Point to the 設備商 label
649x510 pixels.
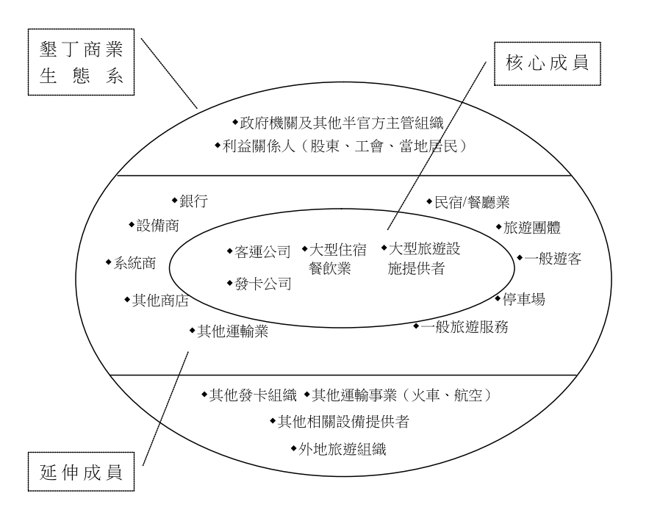[x=158, y=226]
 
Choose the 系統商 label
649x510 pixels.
[x=135, y=263]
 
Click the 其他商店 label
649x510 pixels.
[x=160, y=301]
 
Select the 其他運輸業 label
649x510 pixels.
[x=232, y=331]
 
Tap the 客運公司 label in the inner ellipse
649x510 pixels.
[x=263, y=251]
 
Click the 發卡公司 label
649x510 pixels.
[x=263, y=284]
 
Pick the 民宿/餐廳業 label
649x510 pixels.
[x=472, y=202]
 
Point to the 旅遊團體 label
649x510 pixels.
[x=532, y=228]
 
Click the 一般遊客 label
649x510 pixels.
[x=553, y=259]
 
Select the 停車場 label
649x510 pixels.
[x=524, y=299]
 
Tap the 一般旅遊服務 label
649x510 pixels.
[x=465, y=327]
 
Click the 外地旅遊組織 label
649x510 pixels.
[x=343, y=449]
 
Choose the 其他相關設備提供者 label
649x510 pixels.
[x=343, y=422]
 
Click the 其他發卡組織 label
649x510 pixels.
[x=253, y=395]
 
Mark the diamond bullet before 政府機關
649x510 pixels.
[x=235, y=122]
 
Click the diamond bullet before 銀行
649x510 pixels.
[x=175, y=201]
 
